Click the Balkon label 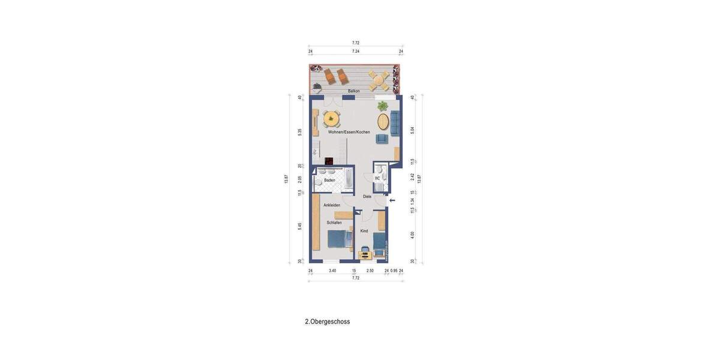354,91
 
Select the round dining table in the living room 331,119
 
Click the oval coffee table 383,121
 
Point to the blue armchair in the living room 382,139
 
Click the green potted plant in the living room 382,106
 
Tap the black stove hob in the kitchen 329,161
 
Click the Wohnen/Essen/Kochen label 349,132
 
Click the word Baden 329,180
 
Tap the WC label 377,178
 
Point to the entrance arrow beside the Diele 392,200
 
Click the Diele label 367,196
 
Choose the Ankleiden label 332,205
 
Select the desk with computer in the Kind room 365,254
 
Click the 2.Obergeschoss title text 327,322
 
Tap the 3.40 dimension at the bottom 332,271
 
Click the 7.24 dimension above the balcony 356,52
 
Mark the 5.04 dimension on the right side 412,130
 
